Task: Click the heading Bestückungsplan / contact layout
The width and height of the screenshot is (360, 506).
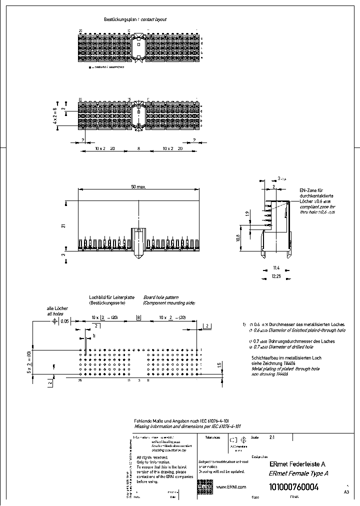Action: (134, 19)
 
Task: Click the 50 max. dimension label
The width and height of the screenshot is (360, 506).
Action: (138, 186)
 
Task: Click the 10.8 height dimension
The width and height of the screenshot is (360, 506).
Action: (252, 237)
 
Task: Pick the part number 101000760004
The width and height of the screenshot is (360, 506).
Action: (293, 487)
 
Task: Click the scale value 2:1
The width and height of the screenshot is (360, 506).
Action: (272, 437)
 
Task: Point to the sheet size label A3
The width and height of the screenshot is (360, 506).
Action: (346, 492)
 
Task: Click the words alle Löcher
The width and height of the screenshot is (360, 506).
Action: (57, 308)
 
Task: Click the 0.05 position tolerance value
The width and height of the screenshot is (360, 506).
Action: (64, 322)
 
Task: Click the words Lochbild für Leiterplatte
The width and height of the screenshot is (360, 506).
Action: (111, 297)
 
